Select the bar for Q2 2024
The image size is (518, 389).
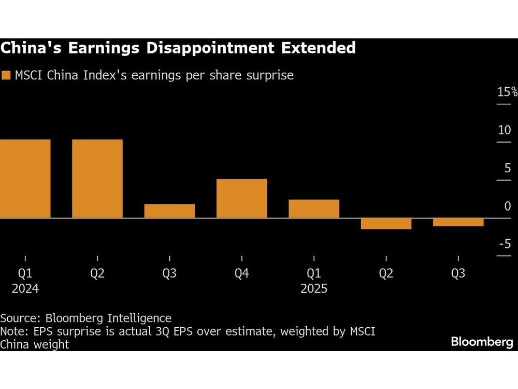tap(97, 178)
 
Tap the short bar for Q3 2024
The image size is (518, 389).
tap(169, 211)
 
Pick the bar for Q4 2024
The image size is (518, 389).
tap(241, 198)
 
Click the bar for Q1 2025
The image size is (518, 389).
tap(314, 209)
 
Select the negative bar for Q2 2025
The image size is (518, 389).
tap(386, 224)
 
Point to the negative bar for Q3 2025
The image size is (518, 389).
tap(458, 223)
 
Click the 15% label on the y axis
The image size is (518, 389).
tap(507, 92)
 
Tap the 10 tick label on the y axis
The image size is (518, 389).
tap(504, 130)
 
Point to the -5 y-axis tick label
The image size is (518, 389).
tap(504, 244)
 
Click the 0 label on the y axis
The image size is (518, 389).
tap(507, 206)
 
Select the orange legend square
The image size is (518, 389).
tap(6, 76)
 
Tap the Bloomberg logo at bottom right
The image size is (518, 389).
tap(481, 342)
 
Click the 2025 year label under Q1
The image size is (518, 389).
tap(314, 288)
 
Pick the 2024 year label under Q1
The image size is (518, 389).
tap(25, 288)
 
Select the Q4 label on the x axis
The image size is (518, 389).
tap(241, 273)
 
